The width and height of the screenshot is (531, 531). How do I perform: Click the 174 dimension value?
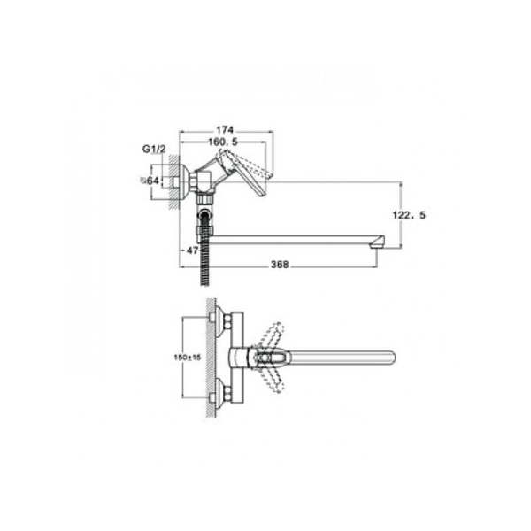(225, 130)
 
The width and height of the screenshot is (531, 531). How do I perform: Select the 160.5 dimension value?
(223, 142)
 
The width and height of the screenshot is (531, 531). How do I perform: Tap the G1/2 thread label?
(154, 149)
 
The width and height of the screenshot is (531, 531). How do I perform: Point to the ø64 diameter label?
(150, 181)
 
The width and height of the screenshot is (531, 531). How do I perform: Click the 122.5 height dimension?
(409, 215)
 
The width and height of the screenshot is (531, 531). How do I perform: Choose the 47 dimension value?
(192, 250)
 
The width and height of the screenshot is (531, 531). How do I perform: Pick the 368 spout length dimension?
(280, 265)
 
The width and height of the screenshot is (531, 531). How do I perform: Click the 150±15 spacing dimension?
(188, 358)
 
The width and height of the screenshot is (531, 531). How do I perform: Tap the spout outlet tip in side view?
(378, 242)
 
